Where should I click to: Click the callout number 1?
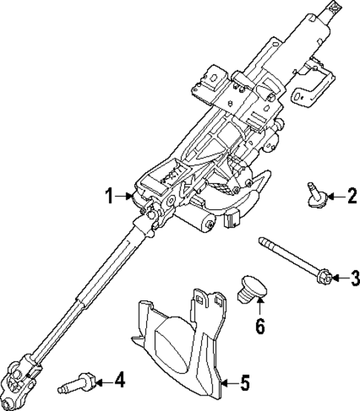[108, 197]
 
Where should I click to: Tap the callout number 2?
[352, 195]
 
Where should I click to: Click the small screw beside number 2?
[314, 195]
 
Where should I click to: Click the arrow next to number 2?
[335, 195]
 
